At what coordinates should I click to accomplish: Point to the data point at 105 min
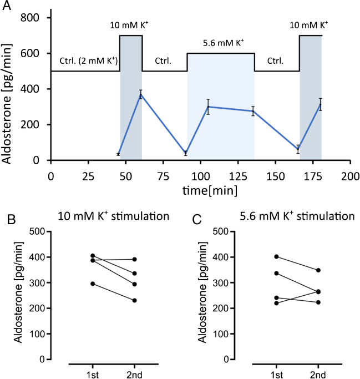coord(208,107)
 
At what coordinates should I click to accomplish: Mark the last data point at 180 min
coord(321,104)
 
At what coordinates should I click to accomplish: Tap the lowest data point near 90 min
coord(186,153)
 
